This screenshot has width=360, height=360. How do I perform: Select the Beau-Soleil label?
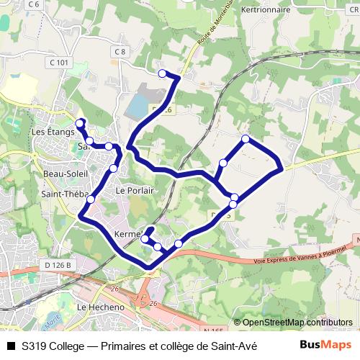click(x=65, y=174)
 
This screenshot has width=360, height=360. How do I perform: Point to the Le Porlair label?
click(x=131, y=191)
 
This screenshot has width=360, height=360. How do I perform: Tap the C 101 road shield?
click(x=60, y=63)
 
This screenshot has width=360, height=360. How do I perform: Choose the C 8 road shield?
click(x=120, y=52)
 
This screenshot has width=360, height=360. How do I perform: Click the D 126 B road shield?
click(x=60, y=265)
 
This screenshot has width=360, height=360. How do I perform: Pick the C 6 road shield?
click(x=33, y=4)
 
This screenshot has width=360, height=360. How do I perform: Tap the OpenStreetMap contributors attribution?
click(x=293, y=323)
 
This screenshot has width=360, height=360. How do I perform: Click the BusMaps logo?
click(x=326, y=344)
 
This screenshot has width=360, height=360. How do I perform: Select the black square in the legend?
click(x=10, y=344)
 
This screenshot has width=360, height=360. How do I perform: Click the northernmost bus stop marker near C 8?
click(x=162, y=73)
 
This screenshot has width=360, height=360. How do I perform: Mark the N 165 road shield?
click(x=212, y=329)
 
